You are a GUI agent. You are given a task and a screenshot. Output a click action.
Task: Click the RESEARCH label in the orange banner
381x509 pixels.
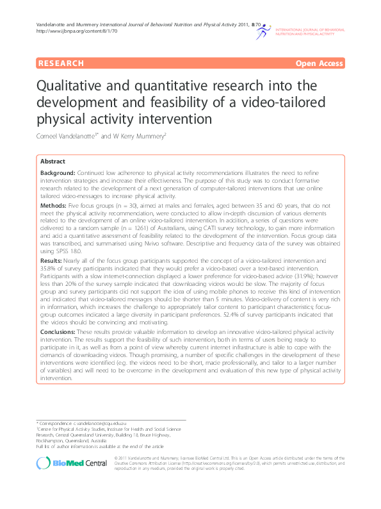click(x=61, y=63)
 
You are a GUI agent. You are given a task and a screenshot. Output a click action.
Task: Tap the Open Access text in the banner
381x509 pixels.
click(x=319, y=63)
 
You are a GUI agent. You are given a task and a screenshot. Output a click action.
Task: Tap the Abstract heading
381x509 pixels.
click(x=53, y=162)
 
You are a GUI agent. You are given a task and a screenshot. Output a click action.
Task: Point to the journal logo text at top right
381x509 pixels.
click(x=309, y=31)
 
